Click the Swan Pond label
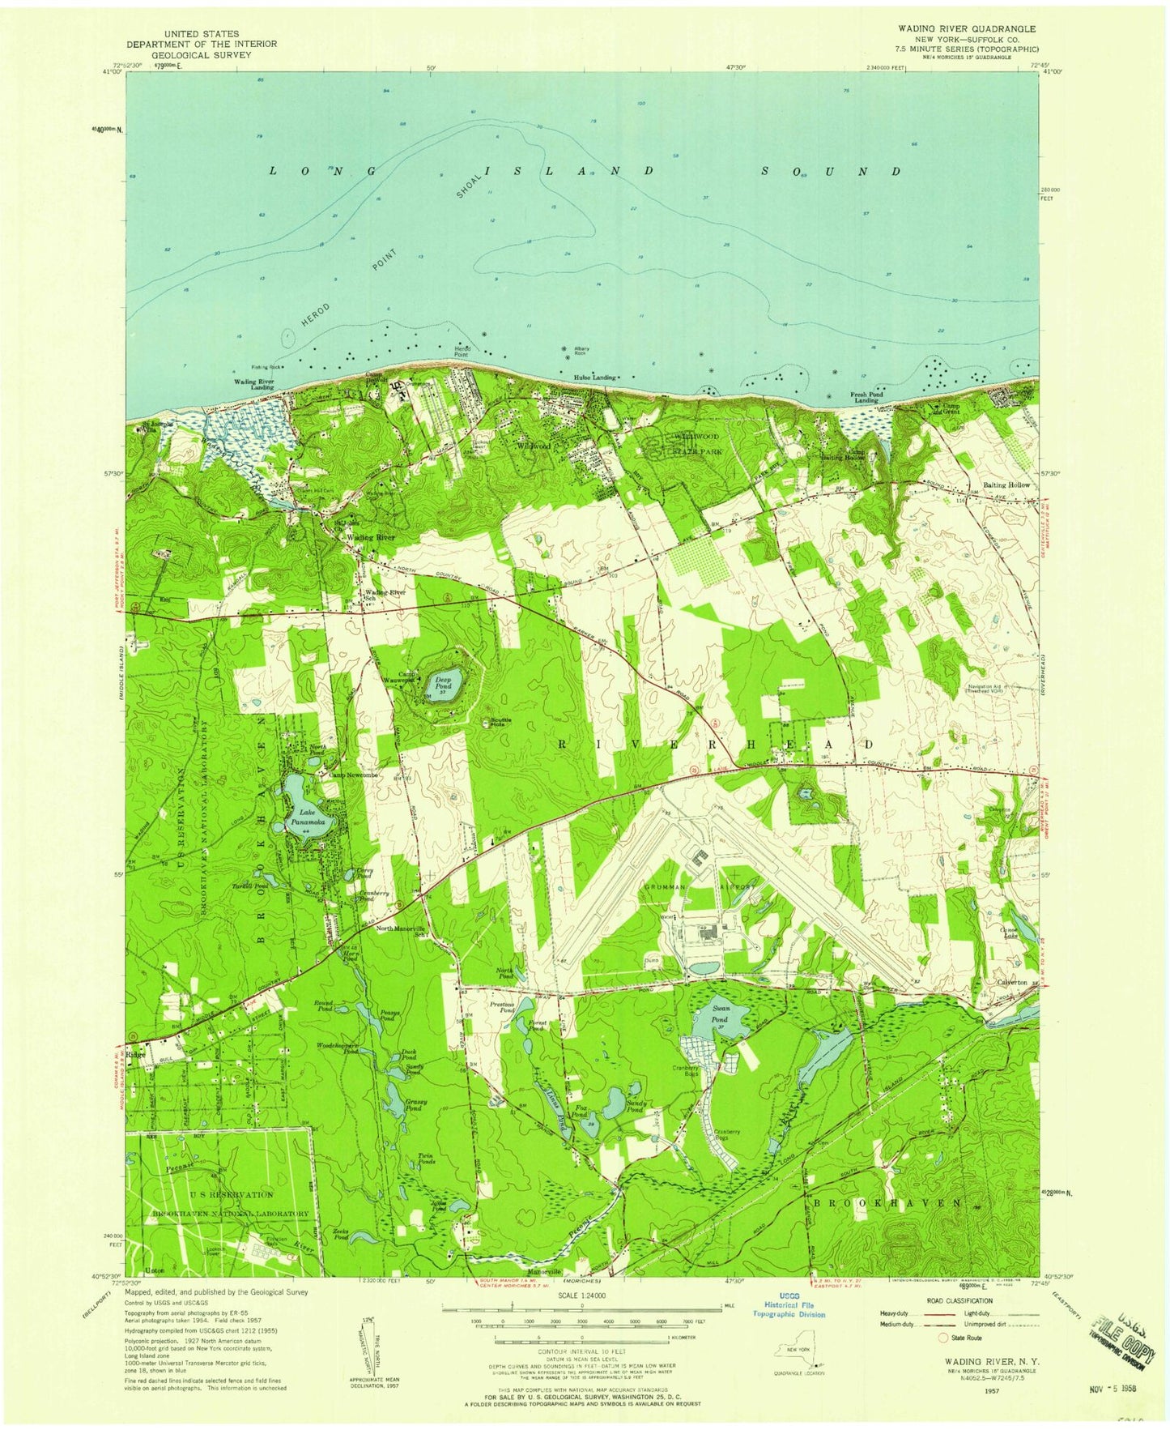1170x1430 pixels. coord(721,1013)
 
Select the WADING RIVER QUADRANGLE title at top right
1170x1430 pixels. coord(966,28)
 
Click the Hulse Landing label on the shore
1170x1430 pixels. coord(594,378)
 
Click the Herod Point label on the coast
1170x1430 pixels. coord(462,351)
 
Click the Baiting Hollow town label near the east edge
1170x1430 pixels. coord(1006,484)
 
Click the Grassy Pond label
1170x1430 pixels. coord(416,1105)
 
